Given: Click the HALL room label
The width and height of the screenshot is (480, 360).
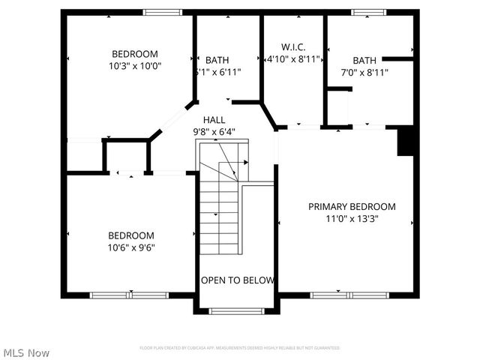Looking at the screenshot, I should pyautogui.click(x=214, y=119).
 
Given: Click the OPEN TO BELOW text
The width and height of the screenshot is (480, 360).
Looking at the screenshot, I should pyautogui.click(x=237, y=280).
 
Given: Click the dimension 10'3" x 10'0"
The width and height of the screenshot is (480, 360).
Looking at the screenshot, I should pyautogui.click(x=135, y=66).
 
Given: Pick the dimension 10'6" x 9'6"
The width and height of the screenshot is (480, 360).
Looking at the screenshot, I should pyautogui.click(x=130, y=247).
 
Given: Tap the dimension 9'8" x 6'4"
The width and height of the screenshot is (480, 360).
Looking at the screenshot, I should pyautogui.click(x=214, y=132).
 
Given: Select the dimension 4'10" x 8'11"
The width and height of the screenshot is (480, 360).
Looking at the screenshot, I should pyautogui.click(x=293, y=58).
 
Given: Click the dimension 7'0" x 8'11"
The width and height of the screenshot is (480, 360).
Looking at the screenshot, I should pyautogui.click(x=364, y=73).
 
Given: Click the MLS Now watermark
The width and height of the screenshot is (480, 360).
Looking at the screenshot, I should pyautogui.click(x=26, y=352).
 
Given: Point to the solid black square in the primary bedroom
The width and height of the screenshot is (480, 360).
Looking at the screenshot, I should pyautogui.click(x=406, y=141).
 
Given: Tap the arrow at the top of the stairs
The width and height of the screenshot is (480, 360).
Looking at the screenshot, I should pyautogui.click(x=244, y=161).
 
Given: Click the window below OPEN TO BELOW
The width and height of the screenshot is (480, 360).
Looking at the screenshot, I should pyautogui.click(x=236, y=310).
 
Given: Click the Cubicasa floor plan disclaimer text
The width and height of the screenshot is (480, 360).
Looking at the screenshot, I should pyautogui.click(x=240, y=348).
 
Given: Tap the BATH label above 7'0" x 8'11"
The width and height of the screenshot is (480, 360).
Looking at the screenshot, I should pyautogui.click(x=364, y=60).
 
